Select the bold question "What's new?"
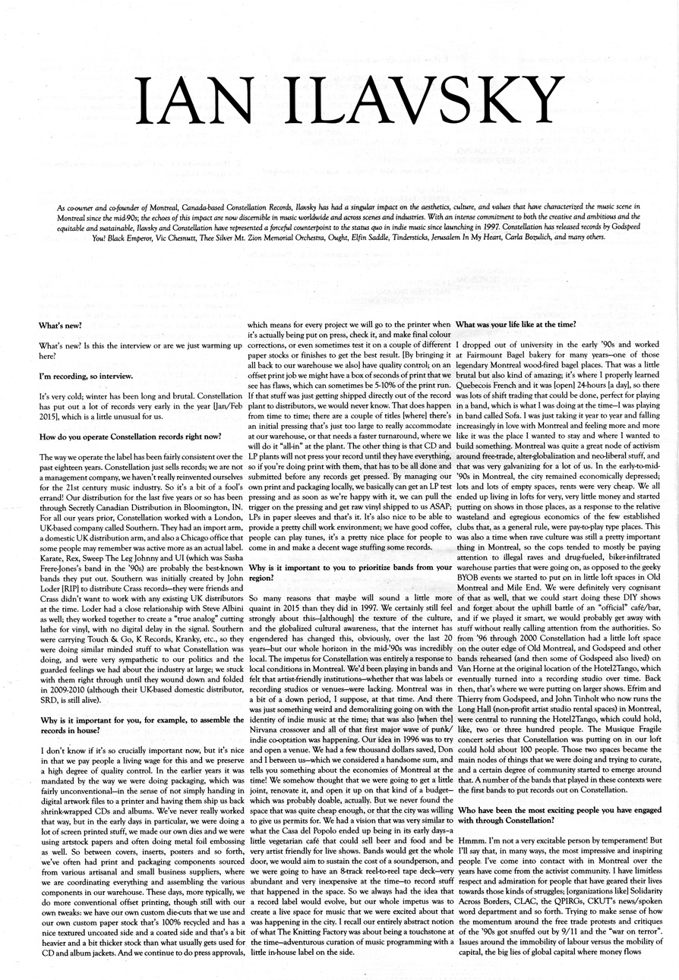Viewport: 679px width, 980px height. pyautogui.click(x=60, y=326)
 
